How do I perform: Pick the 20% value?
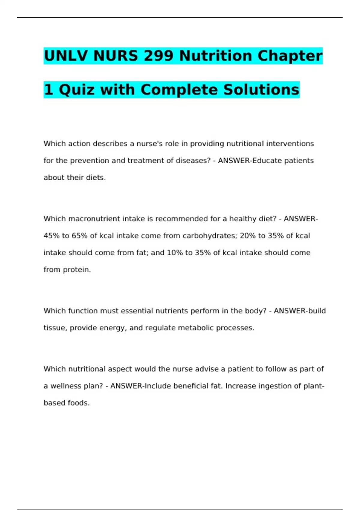247,236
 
